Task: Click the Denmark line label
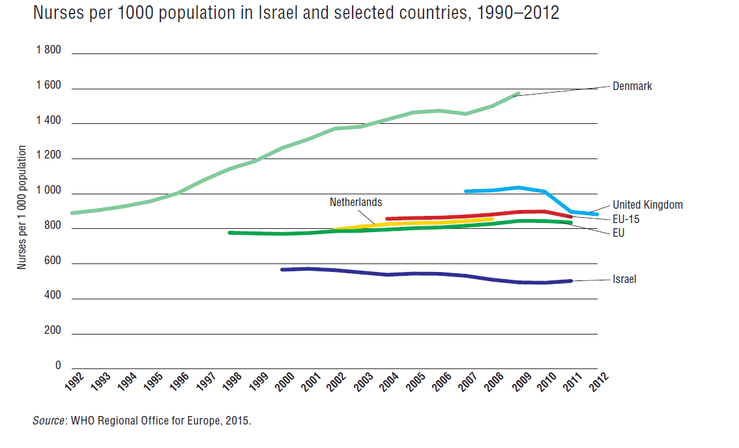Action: tap(632, 86)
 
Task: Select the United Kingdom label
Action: tap(647, 205)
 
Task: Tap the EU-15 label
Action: tap(626, 219)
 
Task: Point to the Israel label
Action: tap(624, 279)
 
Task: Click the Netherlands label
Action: tap(356, 202)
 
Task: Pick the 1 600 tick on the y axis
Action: tap(49, 85)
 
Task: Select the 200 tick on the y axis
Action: tap(52, 331)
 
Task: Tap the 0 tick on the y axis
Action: tap(58, 366)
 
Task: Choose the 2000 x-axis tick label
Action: tap(285, 381)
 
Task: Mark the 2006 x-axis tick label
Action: tap(442, 381)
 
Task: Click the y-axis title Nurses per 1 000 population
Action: tap(22, 207)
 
